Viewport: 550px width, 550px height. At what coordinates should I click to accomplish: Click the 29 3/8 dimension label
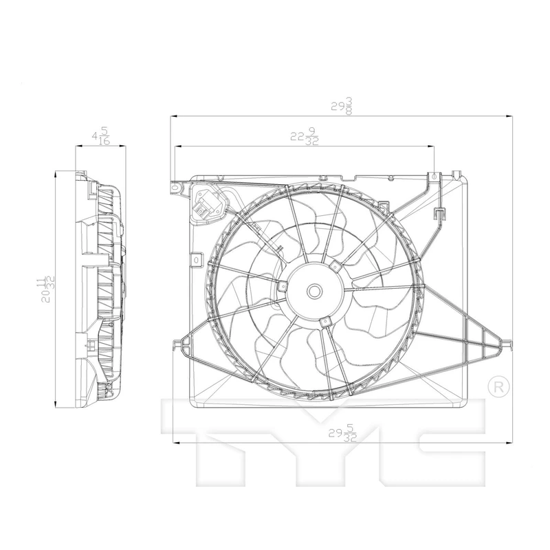point(342,106)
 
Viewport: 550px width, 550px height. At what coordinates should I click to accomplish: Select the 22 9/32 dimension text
point(304,136)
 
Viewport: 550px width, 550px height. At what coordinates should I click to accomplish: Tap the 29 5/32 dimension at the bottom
point(342,434)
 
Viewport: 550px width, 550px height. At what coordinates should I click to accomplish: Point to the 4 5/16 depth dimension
point(101,135)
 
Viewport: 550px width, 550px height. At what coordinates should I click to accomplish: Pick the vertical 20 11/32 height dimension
point(45,289)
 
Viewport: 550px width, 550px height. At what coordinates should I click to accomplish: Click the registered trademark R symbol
point(498,387)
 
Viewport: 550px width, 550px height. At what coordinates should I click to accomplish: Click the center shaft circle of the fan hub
point(314,291)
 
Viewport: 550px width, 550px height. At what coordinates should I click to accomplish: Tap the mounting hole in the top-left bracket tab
point(175,188)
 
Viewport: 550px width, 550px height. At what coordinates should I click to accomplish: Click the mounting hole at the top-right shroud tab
point(434,177)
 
